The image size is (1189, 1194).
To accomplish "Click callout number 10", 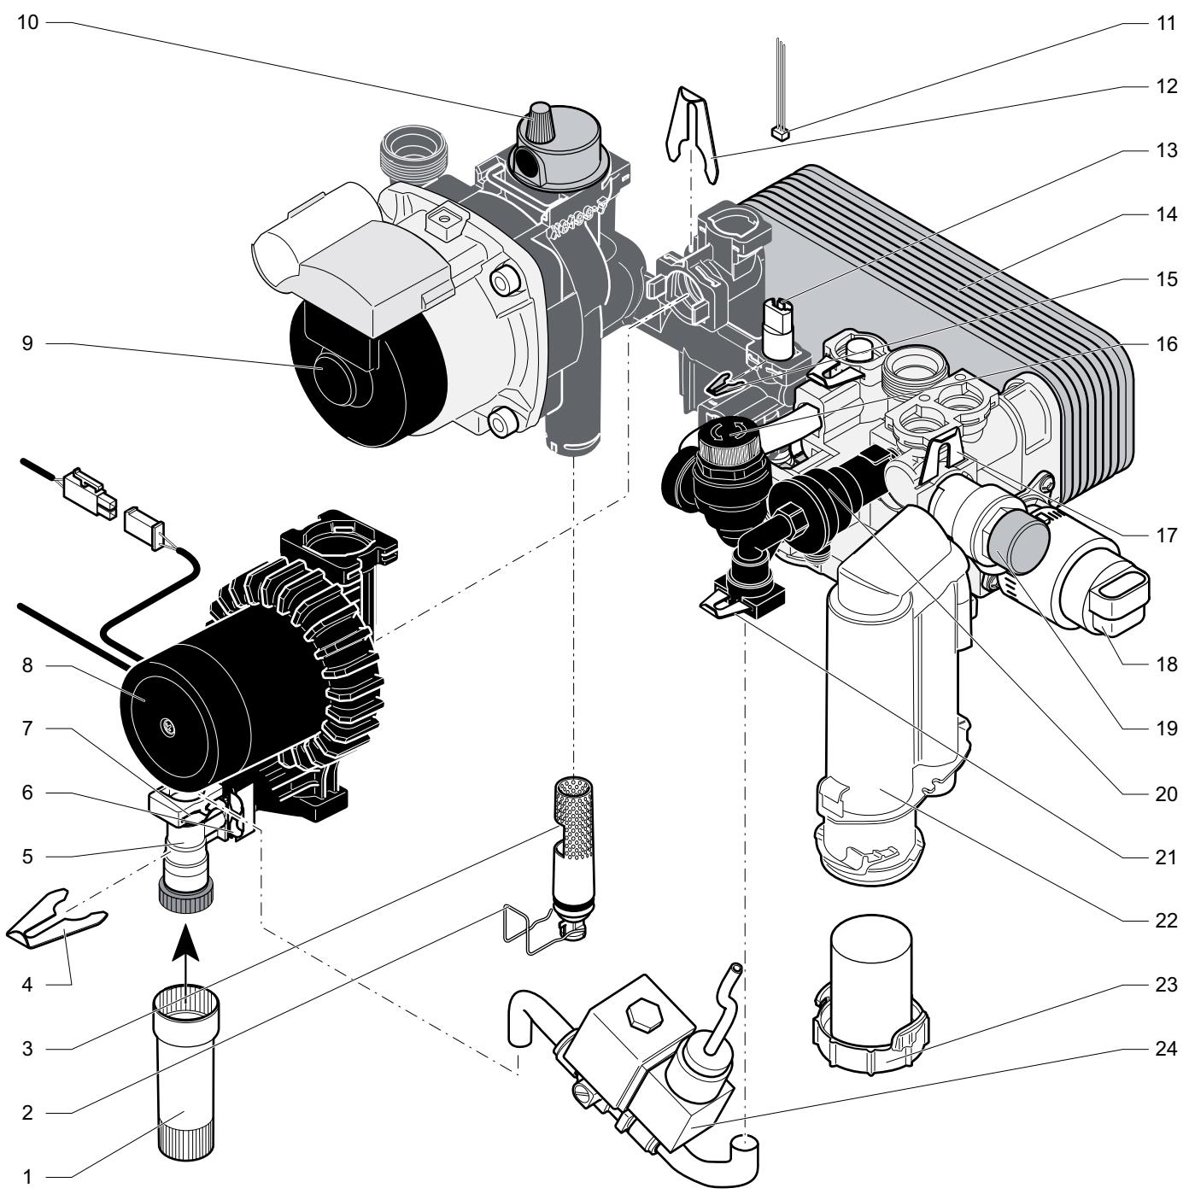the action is click(x=27, y=23).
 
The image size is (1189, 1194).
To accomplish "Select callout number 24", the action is click(x=1166, y=1049).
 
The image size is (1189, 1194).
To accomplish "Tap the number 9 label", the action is click(x=27, y=343).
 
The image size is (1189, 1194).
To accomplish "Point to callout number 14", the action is click(x=1166, y=214).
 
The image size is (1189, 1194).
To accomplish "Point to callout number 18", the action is click(x=1166, y=664).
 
